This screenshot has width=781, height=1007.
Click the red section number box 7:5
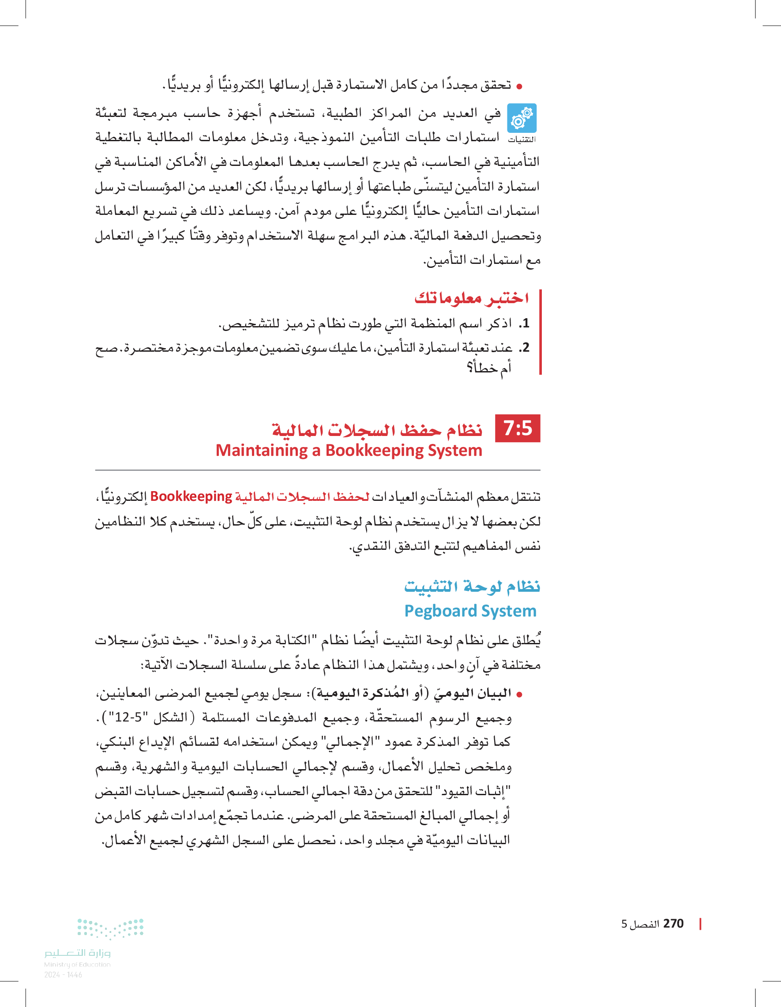click(x=517, y=428)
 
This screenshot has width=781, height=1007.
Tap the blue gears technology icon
click(x=522, y=118)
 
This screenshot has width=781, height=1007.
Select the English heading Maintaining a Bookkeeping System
click(x=349, y=451)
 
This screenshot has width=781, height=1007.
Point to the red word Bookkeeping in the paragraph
click(x=191, y=496)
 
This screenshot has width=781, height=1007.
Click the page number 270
click(x=673, y=924)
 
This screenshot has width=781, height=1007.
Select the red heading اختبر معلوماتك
click(x=471, y=298)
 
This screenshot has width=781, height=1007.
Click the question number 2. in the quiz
click(x=523, y=348)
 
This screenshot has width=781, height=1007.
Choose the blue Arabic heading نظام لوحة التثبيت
click(x=472, y=587)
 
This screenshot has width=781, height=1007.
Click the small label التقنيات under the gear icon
click(x=522, y=139)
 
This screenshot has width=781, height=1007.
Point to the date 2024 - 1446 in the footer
click(x=63, y=975)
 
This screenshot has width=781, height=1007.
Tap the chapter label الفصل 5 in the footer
click(x=640, y=924)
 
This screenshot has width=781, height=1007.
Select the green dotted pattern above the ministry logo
click(x=110, y=928)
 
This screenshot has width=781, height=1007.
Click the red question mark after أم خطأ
click(x=469, y=368)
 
